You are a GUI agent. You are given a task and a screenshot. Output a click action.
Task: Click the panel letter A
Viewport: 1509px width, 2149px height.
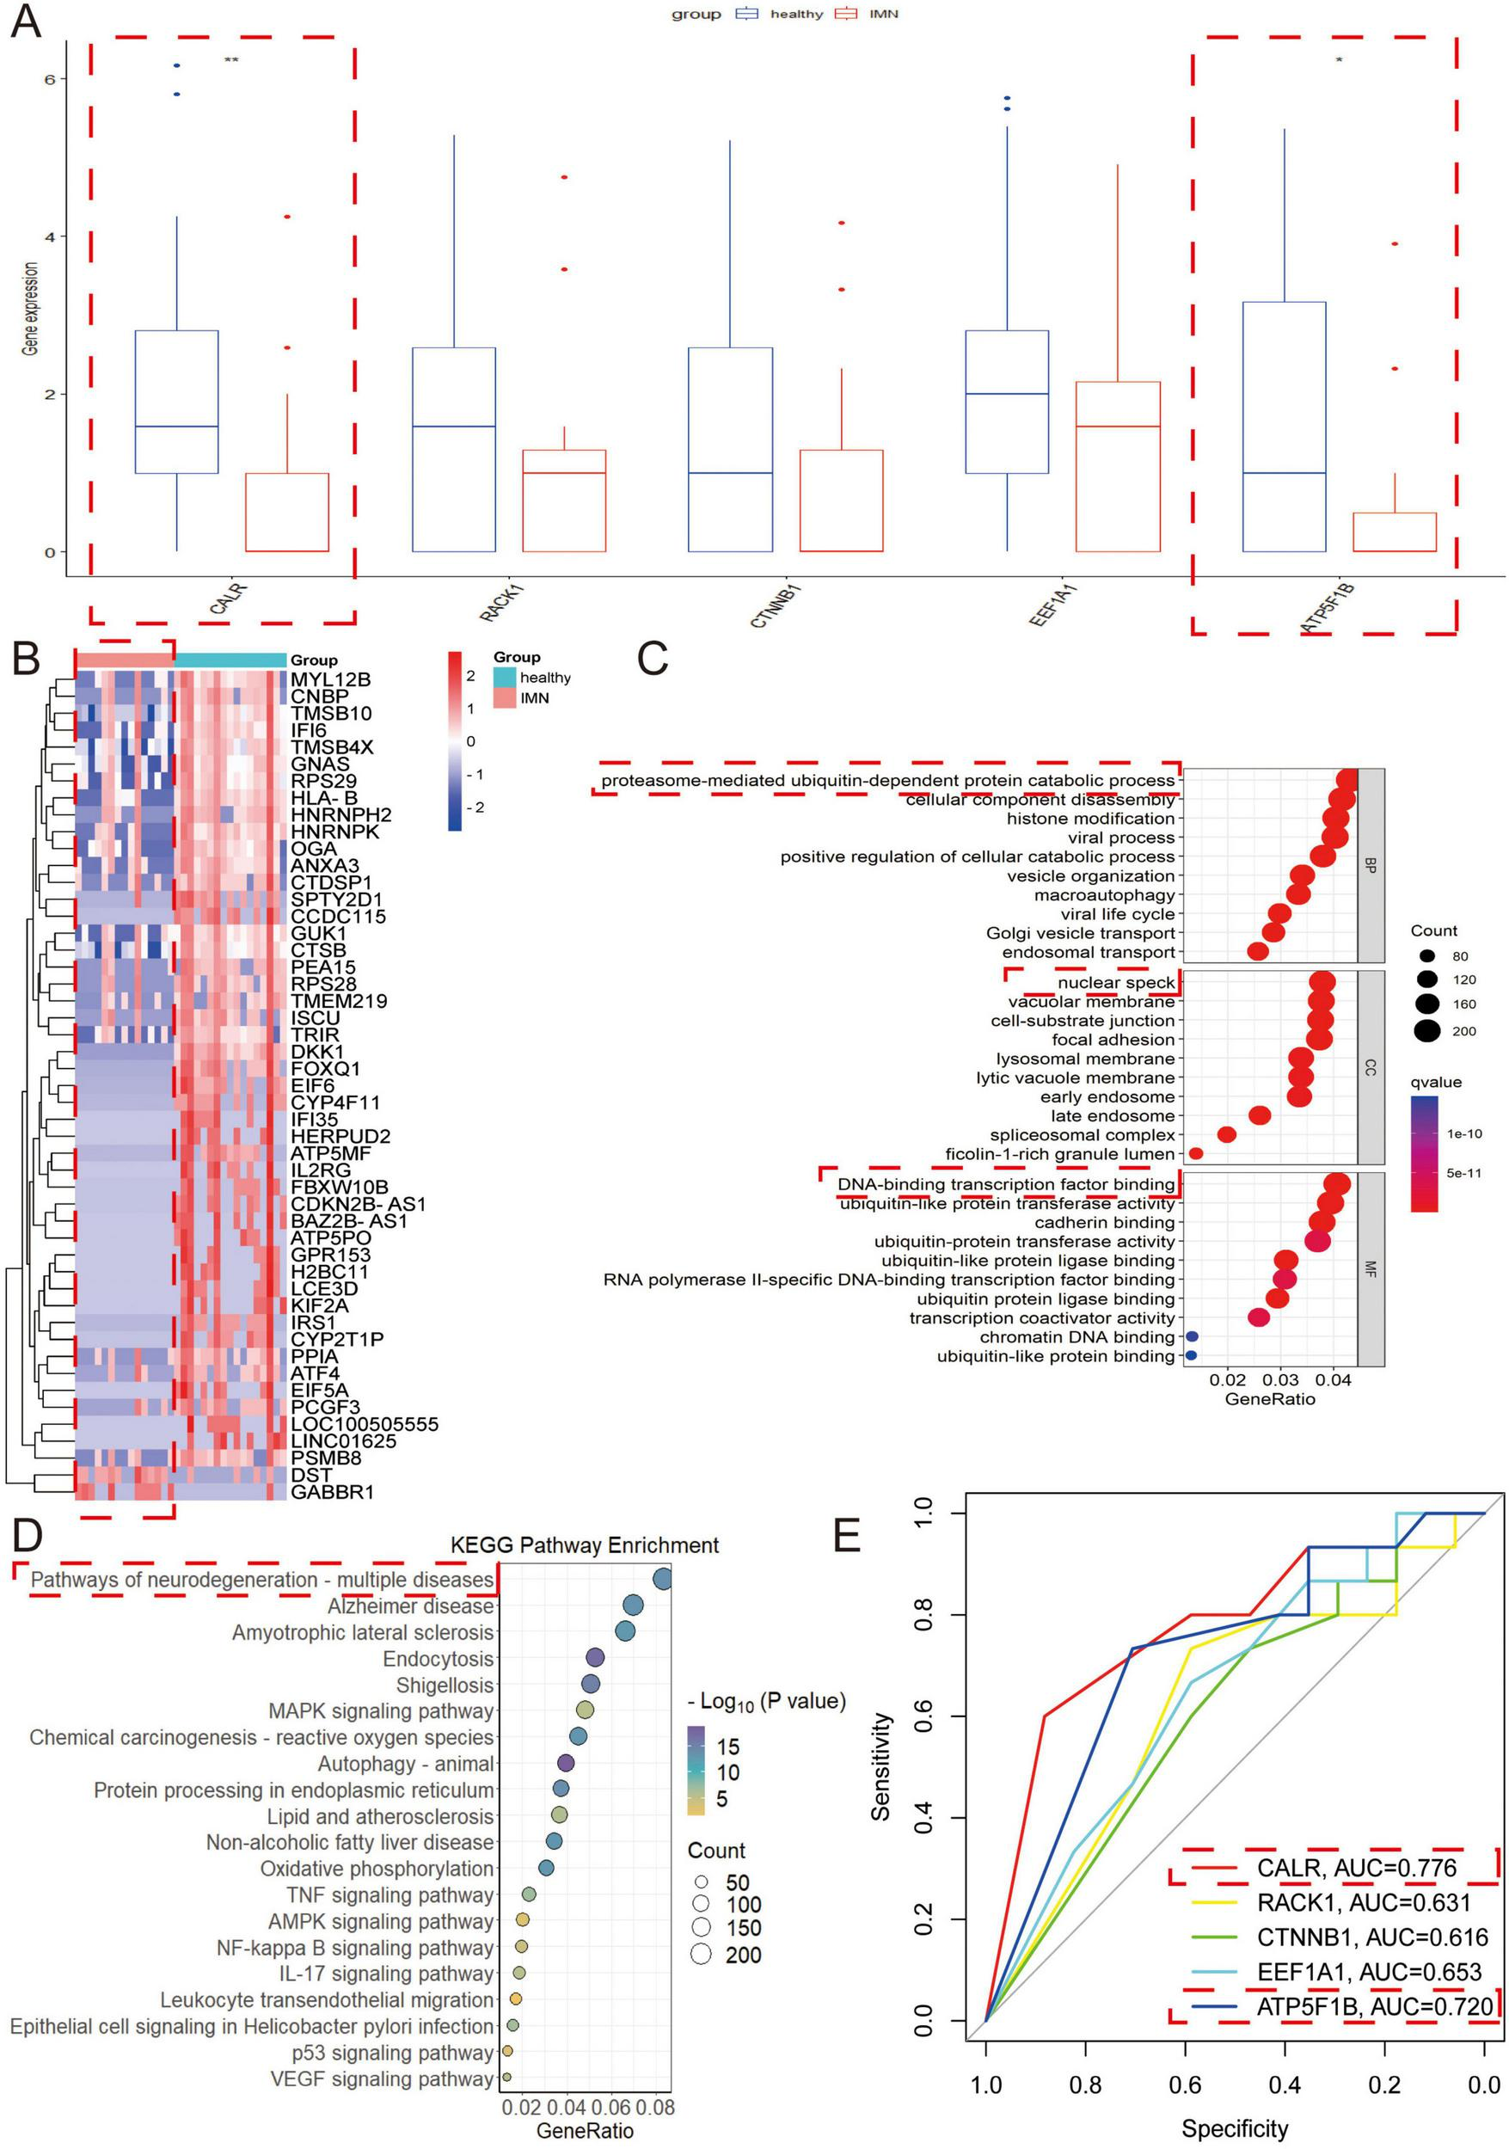coord(25,21)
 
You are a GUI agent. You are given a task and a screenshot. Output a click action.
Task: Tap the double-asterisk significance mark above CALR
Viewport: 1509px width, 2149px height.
coord(231,61)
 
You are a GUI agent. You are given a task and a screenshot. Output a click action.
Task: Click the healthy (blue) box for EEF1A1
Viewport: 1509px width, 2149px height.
coord(1006,402)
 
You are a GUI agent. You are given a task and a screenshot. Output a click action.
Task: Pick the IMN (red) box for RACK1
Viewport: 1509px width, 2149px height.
coord(563,500)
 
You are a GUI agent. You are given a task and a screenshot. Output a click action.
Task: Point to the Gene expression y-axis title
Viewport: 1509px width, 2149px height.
coord(31,308)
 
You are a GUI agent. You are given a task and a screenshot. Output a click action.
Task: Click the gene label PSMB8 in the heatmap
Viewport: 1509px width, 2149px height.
coord(326,1458)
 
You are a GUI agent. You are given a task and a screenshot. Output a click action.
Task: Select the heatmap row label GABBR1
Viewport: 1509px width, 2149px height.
coord(331,1491)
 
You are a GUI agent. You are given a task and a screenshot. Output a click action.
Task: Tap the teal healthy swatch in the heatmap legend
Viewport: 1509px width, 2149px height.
coord(505,677)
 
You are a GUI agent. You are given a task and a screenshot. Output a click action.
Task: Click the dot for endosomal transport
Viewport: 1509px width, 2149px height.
coord(1257,951)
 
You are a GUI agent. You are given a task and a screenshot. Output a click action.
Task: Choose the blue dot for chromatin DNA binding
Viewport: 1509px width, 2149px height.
coord(1191,1336)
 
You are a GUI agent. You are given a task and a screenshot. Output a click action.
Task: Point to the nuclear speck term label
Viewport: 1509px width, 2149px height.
coord(1115,983)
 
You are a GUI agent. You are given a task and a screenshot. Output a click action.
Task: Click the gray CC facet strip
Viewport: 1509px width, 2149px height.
coord(1370,1067)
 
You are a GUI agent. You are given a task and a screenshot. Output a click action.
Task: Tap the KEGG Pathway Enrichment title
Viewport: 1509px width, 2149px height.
coord(584,1545)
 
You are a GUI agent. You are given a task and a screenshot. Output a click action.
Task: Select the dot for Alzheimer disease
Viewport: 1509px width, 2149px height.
coord(632,1606)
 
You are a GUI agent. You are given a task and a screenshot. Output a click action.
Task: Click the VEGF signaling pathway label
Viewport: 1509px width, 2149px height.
coord(381,2078)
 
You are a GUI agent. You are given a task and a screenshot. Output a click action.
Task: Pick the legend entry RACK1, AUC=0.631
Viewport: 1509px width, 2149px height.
coord(1363,1903)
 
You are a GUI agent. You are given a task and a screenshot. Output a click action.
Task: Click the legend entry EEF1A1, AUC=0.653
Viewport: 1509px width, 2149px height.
coord(1369,1972)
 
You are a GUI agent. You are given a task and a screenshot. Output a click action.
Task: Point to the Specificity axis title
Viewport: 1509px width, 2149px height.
coord(1234,2128)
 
